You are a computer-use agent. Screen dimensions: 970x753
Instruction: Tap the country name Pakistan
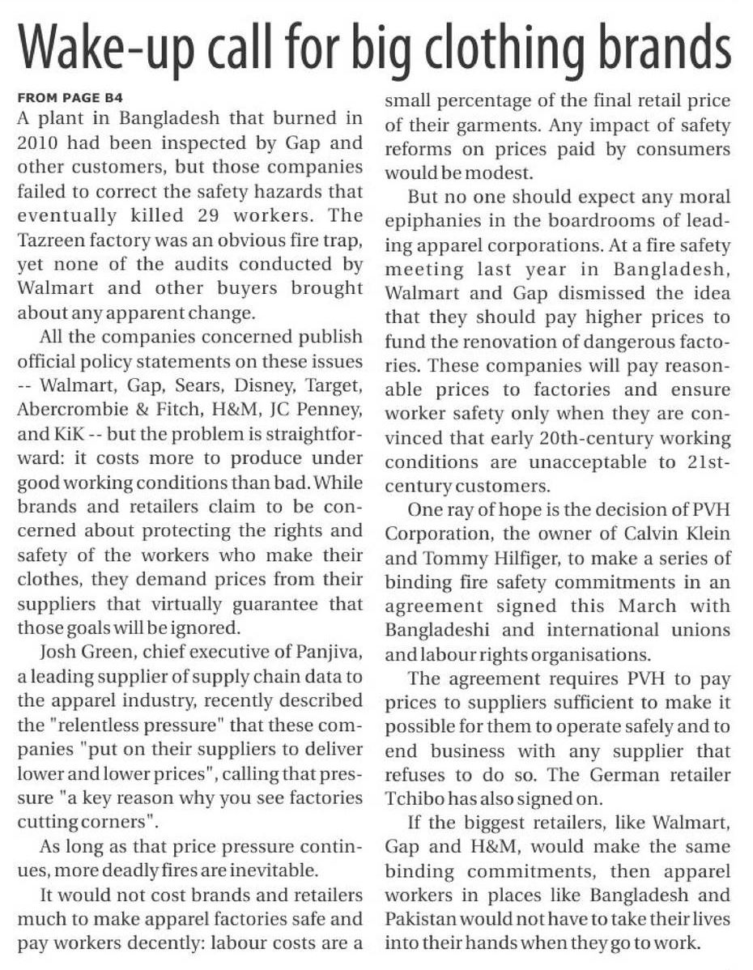[419, 920]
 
